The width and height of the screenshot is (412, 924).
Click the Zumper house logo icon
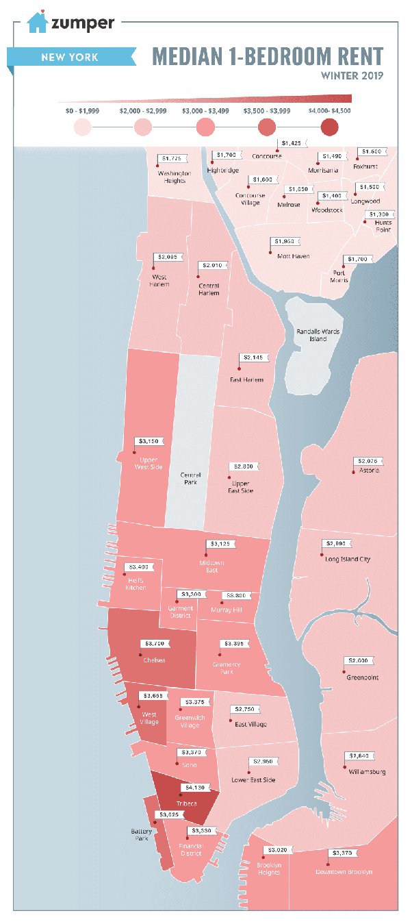37,23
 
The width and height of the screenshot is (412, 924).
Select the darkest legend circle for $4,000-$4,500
329,127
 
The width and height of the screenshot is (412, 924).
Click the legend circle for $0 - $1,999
81,127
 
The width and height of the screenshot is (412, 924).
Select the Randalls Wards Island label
318,335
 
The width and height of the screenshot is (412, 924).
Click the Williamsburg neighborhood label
365,771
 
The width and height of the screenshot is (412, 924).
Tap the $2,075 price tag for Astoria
368,460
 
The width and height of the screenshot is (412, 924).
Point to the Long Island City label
348,559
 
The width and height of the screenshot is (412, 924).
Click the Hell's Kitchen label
136,584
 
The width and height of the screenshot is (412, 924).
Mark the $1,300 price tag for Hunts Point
378,214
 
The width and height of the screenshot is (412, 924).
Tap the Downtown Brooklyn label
344,872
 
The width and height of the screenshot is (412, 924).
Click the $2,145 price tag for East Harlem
254,358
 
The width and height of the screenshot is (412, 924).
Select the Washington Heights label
174,177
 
